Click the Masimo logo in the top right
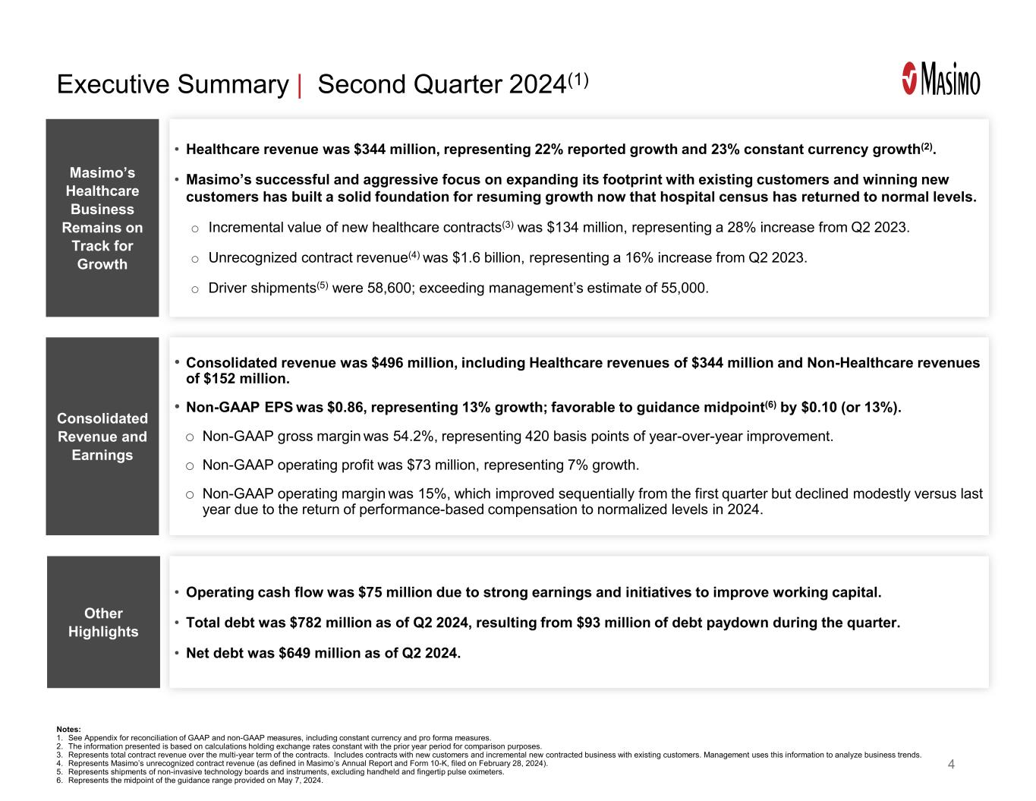pos(940,79)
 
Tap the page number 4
pos(951,764)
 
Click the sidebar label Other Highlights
pos(103,622)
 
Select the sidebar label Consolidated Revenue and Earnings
pos(102,437)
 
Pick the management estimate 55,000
pos(683,289)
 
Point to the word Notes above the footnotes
pos(68,729)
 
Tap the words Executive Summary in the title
pos(172,84)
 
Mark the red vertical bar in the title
pos(301,84)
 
